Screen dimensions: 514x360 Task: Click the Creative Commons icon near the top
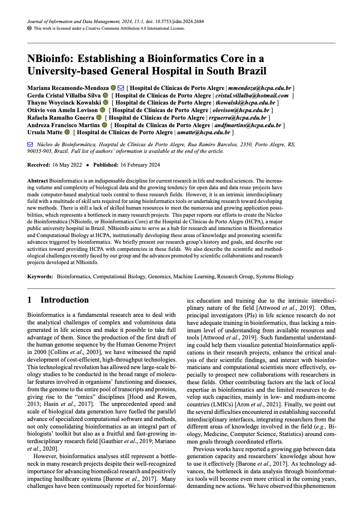[x=29, y=28]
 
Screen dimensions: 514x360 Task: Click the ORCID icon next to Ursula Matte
[x=67, y=132]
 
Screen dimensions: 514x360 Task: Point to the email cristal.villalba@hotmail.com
[x=252, y=95]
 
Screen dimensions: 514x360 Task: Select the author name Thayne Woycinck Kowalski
[x=64, y=103]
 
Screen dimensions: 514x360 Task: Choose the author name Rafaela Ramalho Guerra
[x=60, y=117]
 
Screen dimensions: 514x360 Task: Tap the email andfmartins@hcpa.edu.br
[x=248, y=125]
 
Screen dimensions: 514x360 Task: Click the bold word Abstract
[x=38, y=181]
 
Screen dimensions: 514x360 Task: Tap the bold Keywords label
[x=40, y=276]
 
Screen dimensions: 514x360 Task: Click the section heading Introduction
[x=65, y=300]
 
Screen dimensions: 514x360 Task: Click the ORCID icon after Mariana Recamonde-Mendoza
[x=113, y=88]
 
